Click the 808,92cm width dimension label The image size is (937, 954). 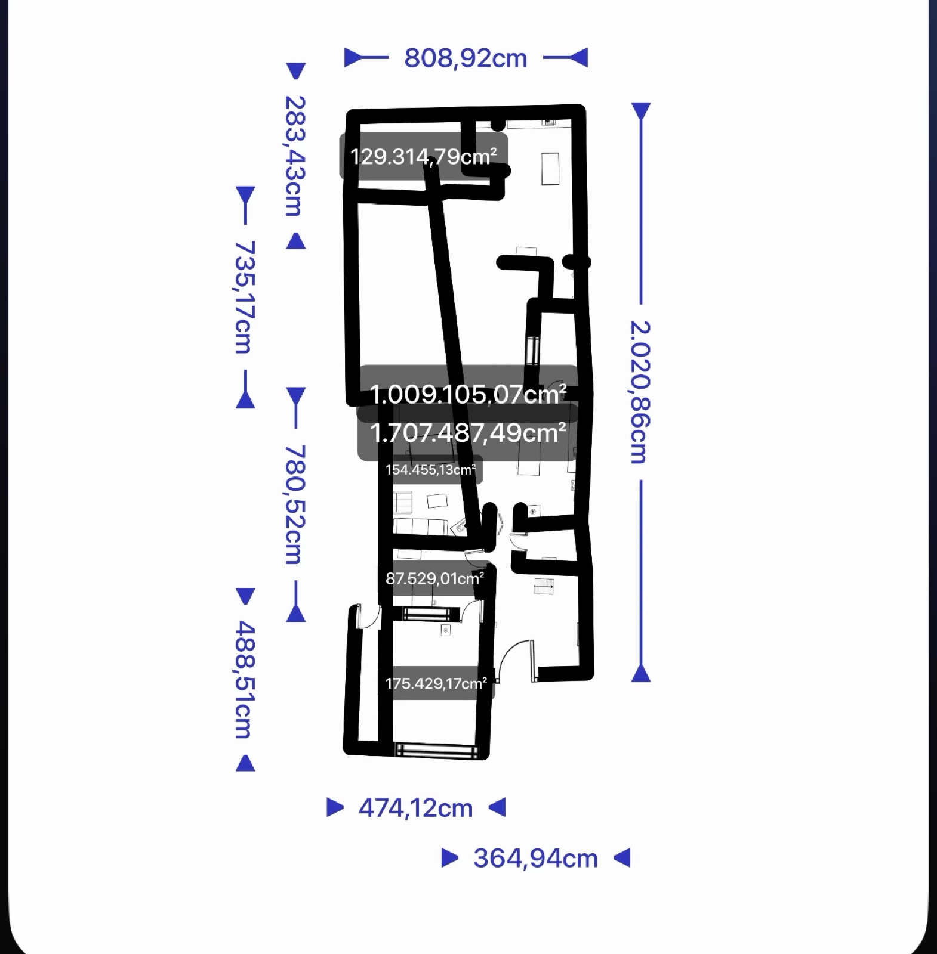[466, 58]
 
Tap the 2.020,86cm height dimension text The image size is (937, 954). [640, 392]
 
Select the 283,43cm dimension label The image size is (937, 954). [295, 156]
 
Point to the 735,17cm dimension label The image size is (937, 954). [244, 297]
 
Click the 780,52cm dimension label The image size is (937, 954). [295, 504]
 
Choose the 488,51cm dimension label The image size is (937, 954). [244, 679]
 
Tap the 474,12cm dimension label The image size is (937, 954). [415, 809]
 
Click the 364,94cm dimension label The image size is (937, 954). [535, 859]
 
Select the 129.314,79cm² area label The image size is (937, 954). [424, 157]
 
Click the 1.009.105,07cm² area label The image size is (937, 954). [468, 394]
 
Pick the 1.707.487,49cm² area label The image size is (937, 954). [468, 433]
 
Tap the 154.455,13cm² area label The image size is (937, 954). [430, 470]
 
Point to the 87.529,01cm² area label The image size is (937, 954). [434, 578]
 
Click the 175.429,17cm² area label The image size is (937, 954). [436, 683]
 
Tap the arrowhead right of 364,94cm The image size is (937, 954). [622, 858]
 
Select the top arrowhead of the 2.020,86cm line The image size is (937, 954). [641, 111]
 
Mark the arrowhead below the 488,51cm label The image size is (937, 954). [245, 763]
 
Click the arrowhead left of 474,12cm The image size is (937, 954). [335, 808]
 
